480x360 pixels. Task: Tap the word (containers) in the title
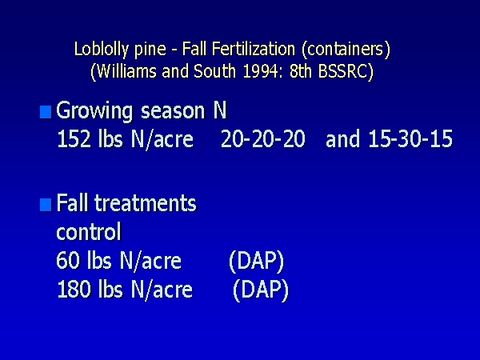(346, 50)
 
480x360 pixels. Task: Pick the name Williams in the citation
(126, 72)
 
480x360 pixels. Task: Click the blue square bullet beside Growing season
(46, 112)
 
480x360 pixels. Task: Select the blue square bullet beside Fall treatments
(46, 205)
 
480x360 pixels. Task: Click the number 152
(74, 138)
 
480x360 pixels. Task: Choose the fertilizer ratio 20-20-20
(263, 138)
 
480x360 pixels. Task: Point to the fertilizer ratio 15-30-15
(410, 138)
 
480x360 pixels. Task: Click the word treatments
(146, 203)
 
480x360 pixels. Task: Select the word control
(89, 232)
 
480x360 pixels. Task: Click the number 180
(74, 290)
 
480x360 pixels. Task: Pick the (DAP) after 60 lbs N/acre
(257, 262)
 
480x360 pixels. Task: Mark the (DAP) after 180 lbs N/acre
(261, 290)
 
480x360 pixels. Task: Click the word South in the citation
(215, 71)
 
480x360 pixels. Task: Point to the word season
(173, 111)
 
